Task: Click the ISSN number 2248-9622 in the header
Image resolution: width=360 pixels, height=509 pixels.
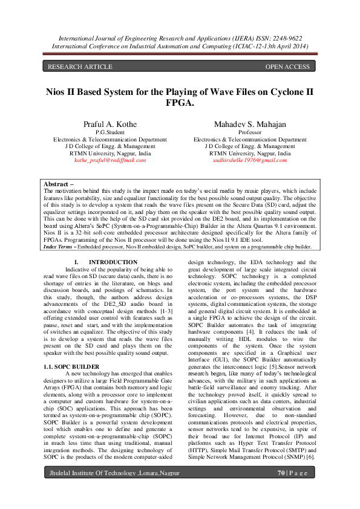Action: click(284, 37)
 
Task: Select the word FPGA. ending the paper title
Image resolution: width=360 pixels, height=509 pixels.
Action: click(180, 103)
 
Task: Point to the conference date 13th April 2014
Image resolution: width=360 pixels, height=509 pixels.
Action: click(284, 45)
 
